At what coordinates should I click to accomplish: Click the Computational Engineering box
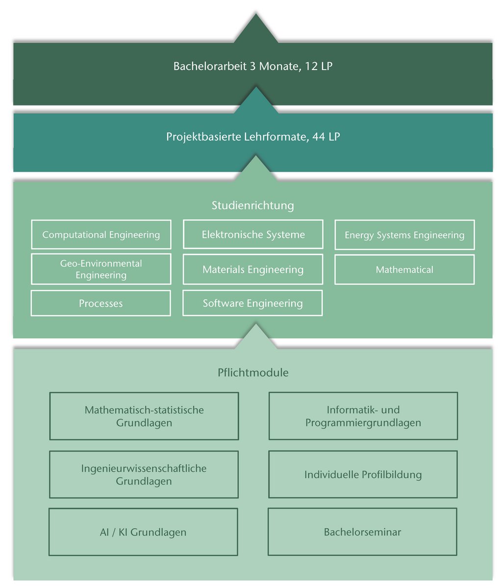pos(101,235)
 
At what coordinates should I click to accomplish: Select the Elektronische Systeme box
pos(253,235)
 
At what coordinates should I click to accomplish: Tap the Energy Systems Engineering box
pos(404,235)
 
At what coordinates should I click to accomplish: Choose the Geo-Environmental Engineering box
pos(101,269)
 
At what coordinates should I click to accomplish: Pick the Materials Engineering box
pos(253,269)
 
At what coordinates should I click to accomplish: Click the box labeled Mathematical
pos(404,269)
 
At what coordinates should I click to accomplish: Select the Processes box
pos(100,303)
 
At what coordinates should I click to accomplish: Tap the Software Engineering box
pos(252,303)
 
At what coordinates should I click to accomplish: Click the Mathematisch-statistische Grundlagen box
pos(144,416)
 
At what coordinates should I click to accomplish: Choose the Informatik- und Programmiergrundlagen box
pos(363,416)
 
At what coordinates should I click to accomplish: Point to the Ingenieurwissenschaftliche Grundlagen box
pos(144,474)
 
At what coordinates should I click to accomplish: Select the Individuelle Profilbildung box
pos(363,474)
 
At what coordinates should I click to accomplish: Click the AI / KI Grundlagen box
pos(143,532)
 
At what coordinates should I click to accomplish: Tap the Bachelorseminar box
pos(362,532)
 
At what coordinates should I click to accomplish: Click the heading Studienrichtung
pos(252,205)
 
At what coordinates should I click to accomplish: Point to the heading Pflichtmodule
pos(252,372)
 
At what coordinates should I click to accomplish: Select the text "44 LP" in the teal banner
pos(326,137)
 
